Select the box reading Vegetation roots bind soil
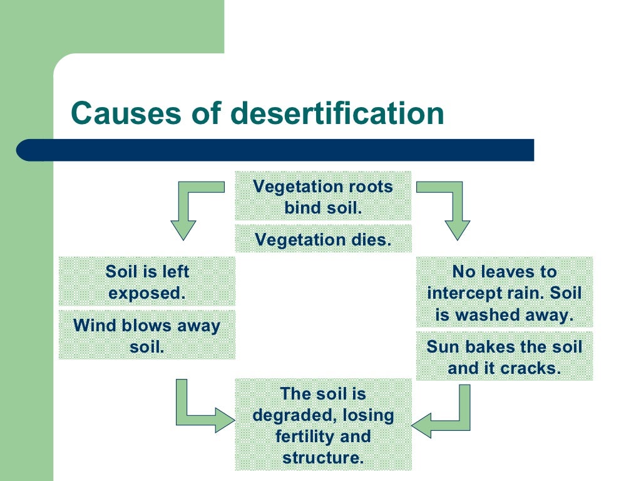pyautogui.click(x=323, y=196)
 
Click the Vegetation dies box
pyautogui.click(x=323, y=239)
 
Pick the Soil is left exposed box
pyautogui.click(x=147, y=282)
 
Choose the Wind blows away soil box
pyautogui.click(x=147, y=335)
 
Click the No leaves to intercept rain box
pyautogui.click(x=504, y=292)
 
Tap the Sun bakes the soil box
pyautogui.click(x=504, y=356)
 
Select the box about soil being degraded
pyautogui.click(x=323, y=425)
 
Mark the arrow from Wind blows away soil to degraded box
pyautogui.click(x=194, y=413)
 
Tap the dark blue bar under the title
pyautogui.click(x=275, y=150)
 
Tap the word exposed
pyautogui.click(x=147, y=292)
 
